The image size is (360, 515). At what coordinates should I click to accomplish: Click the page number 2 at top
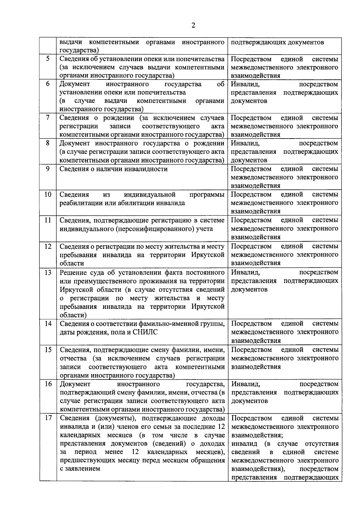pos(193,25)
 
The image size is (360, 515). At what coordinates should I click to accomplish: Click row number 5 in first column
pos(48,59)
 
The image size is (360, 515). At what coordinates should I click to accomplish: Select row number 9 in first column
pos(48,169)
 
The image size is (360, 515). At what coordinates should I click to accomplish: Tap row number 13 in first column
pos(48,272)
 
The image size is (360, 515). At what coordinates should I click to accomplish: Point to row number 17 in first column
pos(48,418)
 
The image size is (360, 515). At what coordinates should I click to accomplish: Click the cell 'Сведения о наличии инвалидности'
pos(113,169)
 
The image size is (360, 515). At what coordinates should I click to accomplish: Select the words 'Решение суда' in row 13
pos(78,272)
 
